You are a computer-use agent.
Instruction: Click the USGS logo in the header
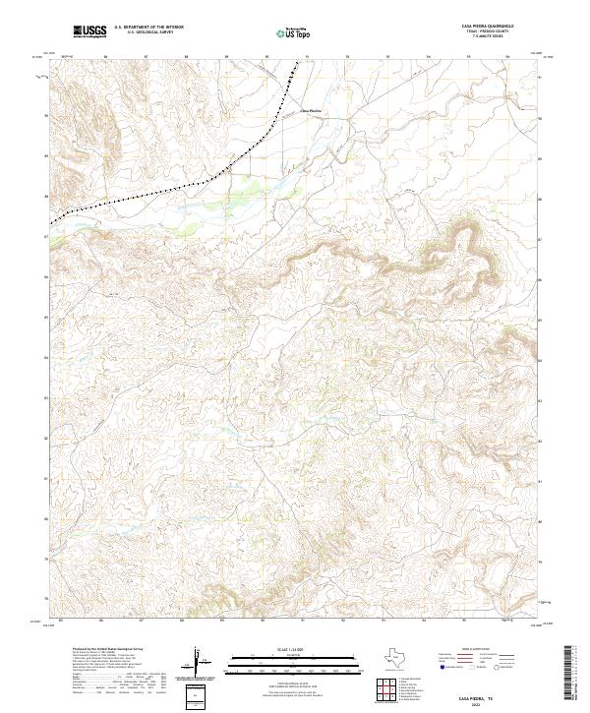pyautogui.click(x=90, y=31)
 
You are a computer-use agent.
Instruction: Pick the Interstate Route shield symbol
pyautogui.click(x=442, y=667)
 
